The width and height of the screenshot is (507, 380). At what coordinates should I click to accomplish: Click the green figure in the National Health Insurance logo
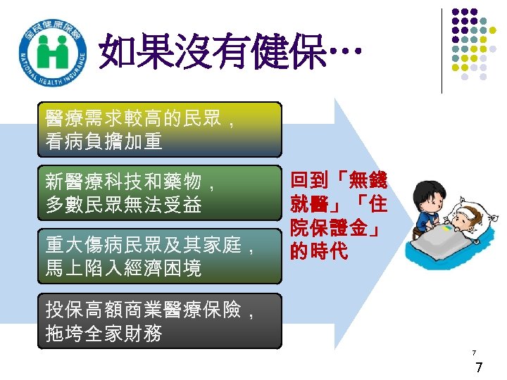(53, 51)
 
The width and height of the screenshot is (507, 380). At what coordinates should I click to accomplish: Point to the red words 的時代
(319, 251)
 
